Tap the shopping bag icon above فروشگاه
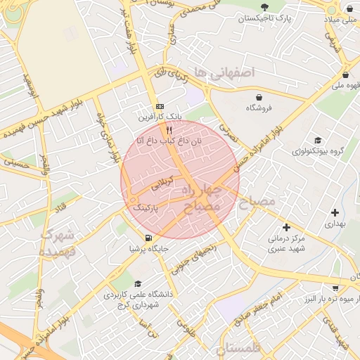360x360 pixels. tap(259, 97)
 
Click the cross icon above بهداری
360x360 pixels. tap(335, 212)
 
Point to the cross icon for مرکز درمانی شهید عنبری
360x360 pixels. tap(285, 227)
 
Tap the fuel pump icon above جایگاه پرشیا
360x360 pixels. tap(148, 238)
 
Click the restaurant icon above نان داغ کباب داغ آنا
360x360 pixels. tap(169, 131)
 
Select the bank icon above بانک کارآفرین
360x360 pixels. tap(160, 104)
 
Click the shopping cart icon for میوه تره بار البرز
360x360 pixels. tap(337, 287)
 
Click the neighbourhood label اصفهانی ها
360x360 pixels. tap(224, 73)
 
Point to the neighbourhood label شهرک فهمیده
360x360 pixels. tap(58, 243)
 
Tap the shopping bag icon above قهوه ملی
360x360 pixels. tap(345, 75)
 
